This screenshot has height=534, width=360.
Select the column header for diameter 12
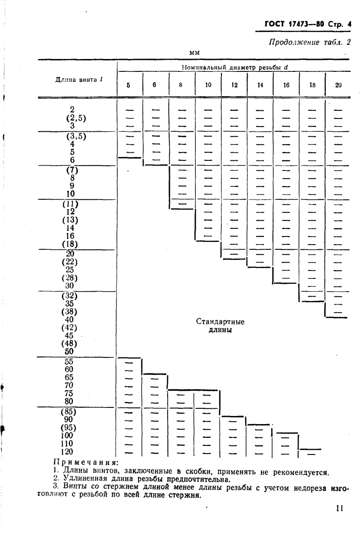click(234, 86)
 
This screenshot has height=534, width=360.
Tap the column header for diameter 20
click(339, 86)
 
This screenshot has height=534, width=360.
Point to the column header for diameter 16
click(286, 86)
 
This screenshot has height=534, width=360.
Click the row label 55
click(70, 361)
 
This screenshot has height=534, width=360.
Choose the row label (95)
click(70, 427)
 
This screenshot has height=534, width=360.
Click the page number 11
click(339, 508)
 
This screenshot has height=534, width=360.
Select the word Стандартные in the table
click(220, 322)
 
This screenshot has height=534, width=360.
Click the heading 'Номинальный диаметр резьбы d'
click(235, 68)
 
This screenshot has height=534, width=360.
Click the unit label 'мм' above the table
click(193, 52)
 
